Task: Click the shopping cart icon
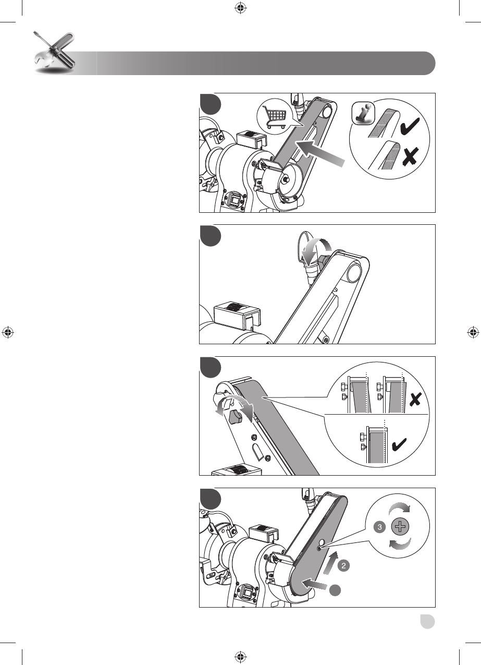point(275,117)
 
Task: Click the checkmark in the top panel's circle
point(410,125)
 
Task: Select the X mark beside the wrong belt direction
point(411,156)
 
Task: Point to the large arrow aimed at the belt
point(320,153)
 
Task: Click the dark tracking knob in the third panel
point(235,417)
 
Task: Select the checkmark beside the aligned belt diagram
point(399,445)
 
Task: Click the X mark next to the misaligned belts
point(415,400)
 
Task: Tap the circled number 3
point(379,527)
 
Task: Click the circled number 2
point(343,565)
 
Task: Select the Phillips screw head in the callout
point(400,527)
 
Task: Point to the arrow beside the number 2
point(330,563)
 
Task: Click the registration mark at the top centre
point(241,8)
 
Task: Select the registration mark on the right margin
point(473,332)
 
